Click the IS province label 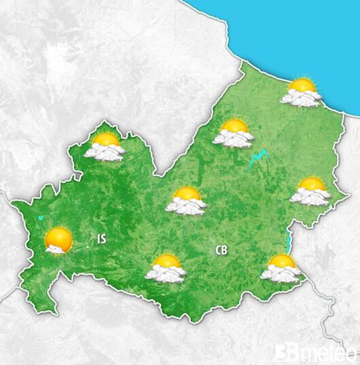(102, 238)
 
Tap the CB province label (221, 250)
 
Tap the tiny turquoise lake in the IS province (41, 218)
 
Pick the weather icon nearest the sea (302, 93)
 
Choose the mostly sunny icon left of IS (58, 240)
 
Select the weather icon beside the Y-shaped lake (233, 133)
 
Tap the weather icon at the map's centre (186, 201)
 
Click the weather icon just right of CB (281, 268)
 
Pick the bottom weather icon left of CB (166, 268)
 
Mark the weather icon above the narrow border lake (310, 191)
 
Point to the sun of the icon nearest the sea (302, 86)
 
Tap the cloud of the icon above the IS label (103, 153)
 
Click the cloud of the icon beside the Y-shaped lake (232, 139)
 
